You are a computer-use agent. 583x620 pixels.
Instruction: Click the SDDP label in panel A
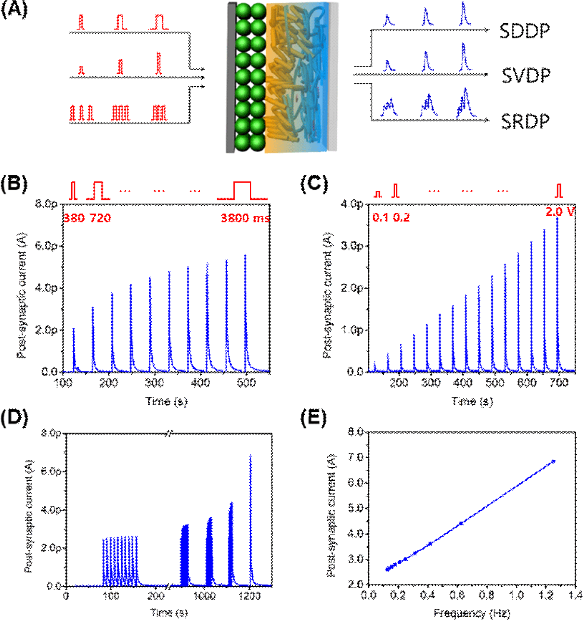click(x=524, y=31)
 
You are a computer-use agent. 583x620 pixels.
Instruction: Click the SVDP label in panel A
click(x=526, y=76)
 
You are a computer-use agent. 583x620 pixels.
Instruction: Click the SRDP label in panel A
click(x=525, y=121)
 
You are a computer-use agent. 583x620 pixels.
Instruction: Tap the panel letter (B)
click(x=14, y=184)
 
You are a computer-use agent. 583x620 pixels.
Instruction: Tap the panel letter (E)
click(x=313, y=418)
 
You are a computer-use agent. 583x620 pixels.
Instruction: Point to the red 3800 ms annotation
click(x=245, y=218)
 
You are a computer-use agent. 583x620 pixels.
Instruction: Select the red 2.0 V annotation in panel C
click(x=560, y=211)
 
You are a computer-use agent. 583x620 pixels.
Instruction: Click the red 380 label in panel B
click(x=74, y=218)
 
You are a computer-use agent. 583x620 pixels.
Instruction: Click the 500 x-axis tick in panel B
click(x=246, y=383)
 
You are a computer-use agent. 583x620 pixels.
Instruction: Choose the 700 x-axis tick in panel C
click(x=558, y=383)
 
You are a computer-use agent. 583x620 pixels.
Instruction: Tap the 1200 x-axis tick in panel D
click(x=250, y=596)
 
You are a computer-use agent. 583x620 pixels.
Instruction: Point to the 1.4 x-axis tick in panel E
click(x=575, y=595)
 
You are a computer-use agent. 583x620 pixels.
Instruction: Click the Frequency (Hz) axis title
click(x=472, y=613)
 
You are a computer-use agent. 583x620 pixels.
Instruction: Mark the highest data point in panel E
click(x=553, y=462)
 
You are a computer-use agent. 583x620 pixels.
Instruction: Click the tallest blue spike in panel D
click(x=250, y=456)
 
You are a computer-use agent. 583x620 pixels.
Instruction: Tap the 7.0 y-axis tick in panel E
click(x=356, y=457)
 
